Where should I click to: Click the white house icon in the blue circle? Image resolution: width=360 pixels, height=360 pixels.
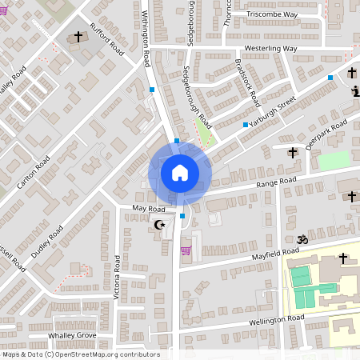(180, 173)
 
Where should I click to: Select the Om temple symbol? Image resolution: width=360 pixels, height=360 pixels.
(302, 239)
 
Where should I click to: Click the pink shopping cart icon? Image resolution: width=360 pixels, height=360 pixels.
(186, 251)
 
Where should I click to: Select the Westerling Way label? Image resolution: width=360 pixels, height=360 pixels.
(270, 49)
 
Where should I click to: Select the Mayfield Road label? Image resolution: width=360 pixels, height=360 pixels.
(254, 254)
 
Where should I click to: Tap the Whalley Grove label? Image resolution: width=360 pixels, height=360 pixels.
(72, 335)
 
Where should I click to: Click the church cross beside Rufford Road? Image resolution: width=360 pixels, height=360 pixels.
(78, 37)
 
